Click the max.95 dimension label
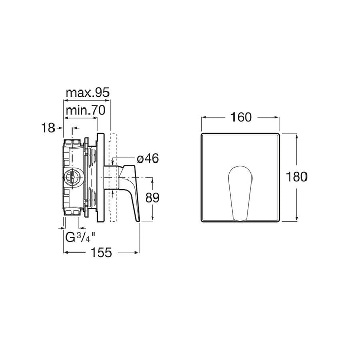[x=88, y=93]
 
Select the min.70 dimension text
[x=86, y=111]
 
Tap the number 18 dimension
[x=48, y=128]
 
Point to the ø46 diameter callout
[x=148, y=158]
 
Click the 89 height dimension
[x=152, y=197]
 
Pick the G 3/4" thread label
[x=80, y=237]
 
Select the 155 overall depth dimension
[x=101, y=253]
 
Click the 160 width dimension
[x=241, y=117]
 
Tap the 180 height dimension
[x=297, y=177]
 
